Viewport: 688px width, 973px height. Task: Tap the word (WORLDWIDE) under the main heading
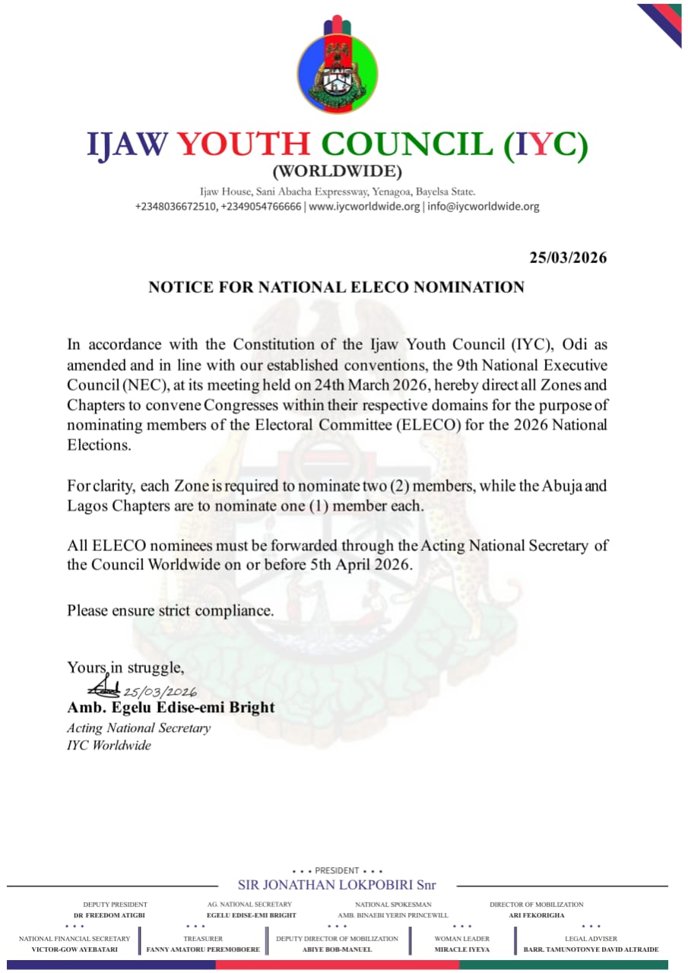tap(337, 171)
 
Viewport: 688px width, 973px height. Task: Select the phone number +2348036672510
tap(176, 207)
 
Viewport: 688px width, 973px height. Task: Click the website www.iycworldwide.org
tap(364, 207)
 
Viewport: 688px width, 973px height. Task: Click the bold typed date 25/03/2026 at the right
tap(568, 258)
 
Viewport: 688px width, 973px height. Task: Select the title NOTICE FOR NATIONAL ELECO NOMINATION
tap(336, 287)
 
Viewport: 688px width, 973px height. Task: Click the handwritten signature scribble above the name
tap(103, 689)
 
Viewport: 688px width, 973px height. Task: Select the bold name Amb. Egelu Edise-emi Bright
tap(170, 708)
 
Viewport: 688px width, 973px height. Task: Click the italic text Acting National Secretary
tap(138, 728)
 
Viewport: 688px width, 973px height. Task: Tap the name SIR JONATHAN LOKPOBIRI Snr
tap(337, 885)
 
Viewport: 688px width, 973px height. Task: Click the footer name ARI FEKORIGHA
tap(537, 915)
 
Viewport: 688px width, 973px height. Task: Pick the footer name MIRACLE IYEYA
tap(462, 949)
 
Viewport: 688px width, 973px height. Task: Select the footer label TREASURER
tap(203, 939)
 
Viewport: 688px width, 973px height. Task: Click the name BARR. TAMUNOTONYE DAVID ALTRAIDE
tap(591, 949)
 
